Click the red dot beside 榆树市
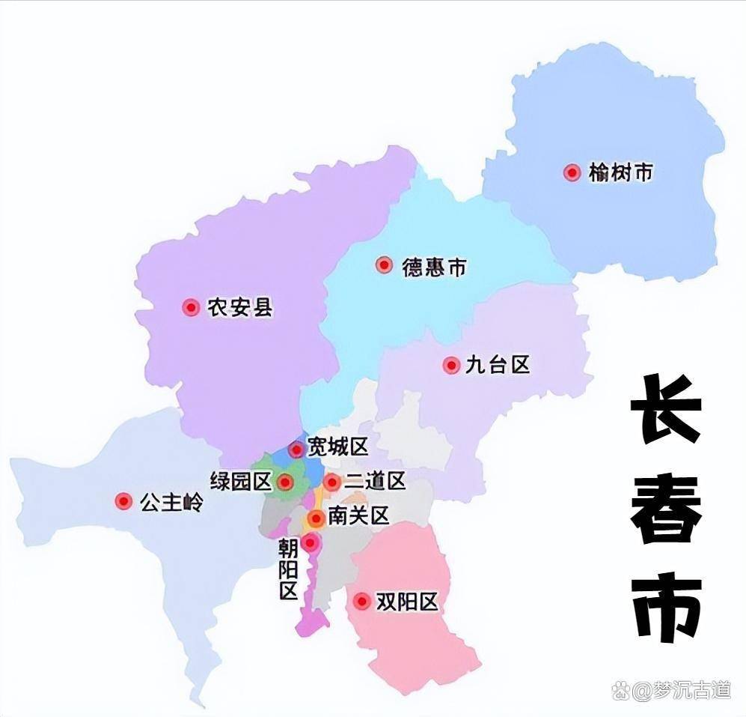[x=572, y=173]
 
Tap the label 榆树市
[x=620, y=173]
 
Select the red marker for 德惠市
[x=384, y=265]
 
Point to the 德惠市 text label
[x=434, y=267]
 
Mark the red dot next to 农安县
[x=191, y=307]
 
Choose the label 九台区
[x=498, y=365]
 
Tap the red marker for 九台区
[x=451, y=365]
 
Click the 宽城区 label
[x=339, y=448]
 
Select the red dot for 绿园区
[x=285, y=482]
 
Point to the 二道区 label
[x=375, y=481]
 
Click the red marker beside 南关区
[x=316, y=518]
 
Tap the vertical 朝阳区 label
[x=288, y=570]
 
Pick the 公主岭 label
[x=171, y=502]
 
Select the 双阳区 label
[x=406, y=602]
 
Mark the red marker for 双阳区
[x=363, y=602]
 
